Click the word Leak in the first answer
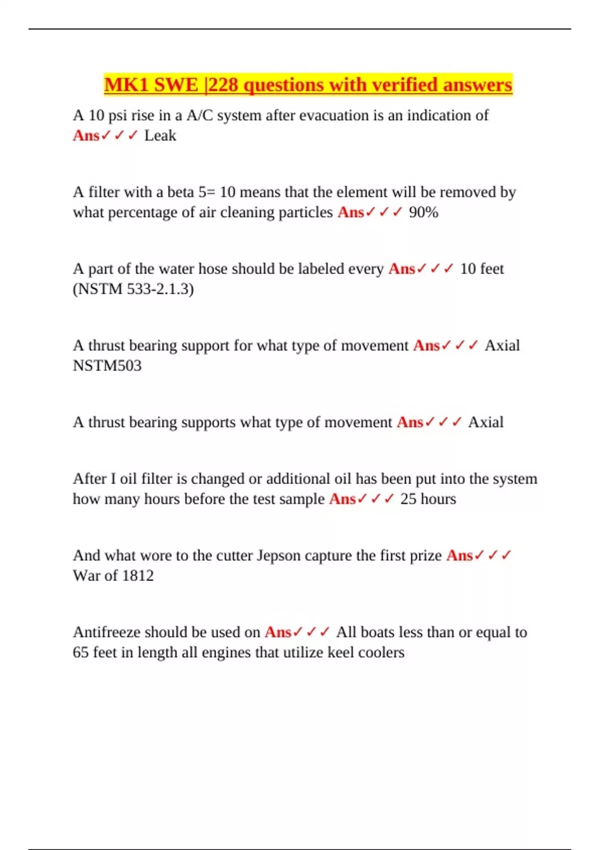coord(160,135)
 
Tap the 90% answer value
coord(423,212)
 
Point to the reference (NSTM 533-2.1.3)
coord(133,289)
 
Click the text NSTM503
coord(107,365)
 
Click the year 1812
coord(137,575)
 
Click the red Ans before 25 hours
coord(342,499)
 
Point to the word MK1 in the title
coord(126,85)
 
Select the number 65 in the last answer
coord(80,652)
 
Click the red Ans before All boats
coord(278,632)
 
